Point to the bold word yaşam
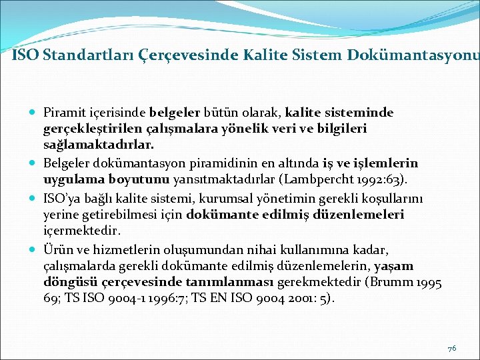point(394,267)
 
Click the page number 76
point(451,348)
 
